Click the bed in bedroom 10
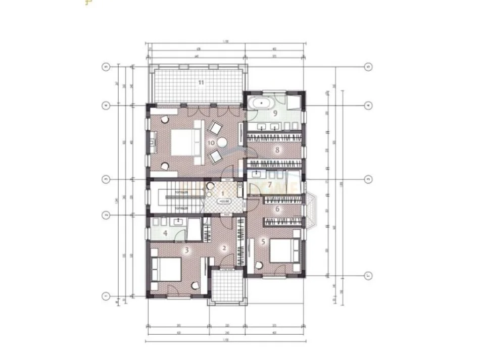pyautogui.click(x=180, y=142)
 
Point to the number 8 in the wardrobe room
pyautogui.click(x=277, y=149)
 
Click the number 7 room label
pyautogui.click(x=270, y=185)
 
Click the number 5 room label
pyautogui.click(x=263, y=242)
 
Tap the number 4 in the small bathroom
pyautogui.click(x=165, y=233)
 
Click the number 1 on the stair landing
pyautogui.click(x=222, y=193)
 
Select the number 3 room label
pyautogui.click(x=186, y=249)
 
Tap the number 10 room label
pyautogui.click(x=211, y=143)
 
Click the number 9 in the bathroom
pyautogui.click(x=275, y=114)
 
